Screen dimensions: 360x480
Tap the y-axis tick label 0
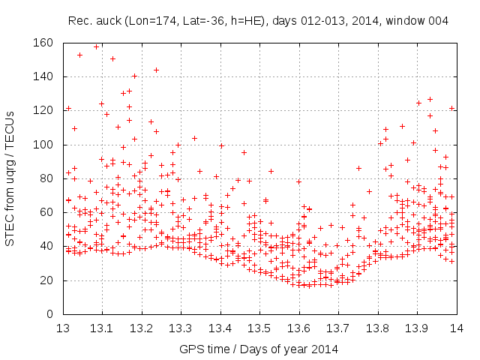point(50,314)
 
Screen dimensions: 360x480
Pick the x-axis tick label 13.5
point(259,328)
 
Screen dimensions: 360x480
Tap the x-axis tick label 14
point(455,328)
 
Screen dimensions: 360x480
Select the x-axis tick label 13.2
point(141,328)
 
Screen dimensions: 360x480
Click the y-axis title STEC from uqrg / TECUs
point(10,178)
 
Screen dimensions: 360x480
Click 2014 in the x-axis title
point(325,349)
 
